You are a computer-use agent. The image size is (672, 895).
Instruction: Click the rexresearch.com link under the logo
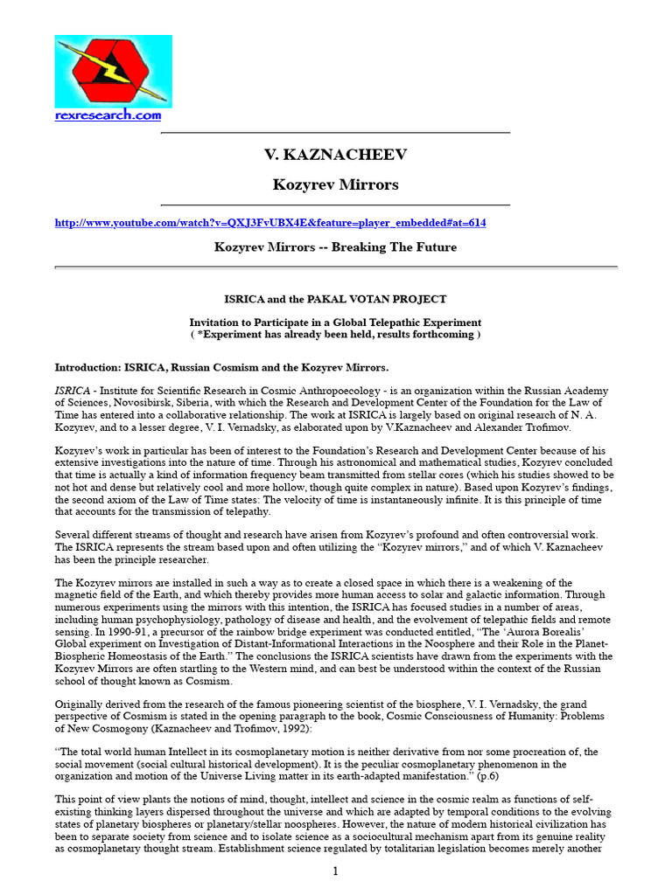coord(108,115)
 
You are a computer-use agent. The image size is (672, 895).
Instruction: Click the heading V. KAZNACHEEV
coord(335,155)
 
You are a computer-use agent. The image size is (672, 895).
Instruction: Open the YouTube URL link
coord(270,223)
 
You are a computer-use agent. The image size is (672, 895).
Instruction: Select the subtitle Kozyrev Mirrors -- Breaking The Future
coord(335,247)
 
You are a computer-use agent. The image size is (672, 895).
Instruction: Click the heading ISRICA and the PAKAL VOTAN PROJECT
coord(335,299)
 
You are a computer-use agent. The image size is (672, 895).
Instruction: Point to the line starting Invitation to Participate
coord(335,323)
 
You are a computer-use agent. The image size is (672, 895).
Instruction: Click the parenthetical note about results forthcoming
coord(335,335)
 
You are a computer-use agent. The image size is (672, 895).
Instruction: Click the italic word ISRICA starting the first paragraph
coord(73,391)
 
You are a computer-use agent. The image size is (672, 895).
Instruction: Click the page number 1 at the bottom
coord(335,871)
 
